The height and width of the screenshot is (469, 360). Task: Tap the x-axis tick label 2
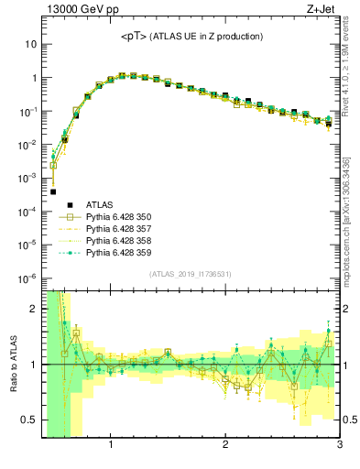(x=225, y=446)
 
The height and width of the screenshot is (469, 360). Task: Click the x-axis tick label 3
(x=339, y=446)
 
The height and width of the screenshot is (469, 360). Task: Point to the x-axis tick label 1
(x=111, y=446)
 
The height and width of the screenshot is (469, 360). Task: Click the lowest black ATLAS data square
(x=53, y=191)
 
